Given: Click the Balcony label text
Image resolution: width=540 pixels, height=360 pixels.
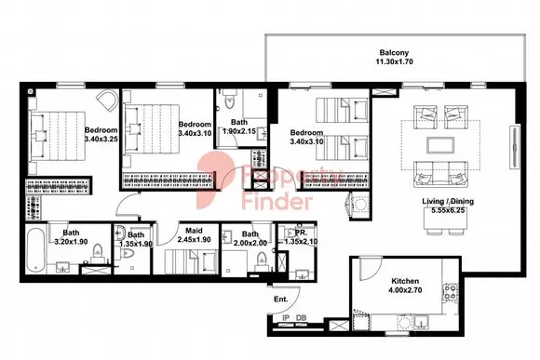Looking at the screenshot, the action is coord(394,53).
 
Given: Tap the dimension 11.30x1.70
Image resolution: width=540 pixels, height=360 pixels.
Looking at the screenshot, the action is coord(394,62).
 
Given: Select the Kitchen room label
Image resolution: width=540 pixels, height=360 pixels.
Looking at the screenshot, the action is coord(405,281).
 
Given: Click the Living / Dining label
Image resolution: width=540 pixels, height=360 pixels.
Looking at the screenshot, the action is coord(448,201).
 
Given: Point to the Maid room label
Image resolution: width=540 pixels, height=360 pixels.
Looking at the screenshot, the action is coord(194,231).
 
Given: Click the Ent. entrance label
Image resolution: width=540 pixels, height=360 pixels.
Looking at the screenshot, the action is coord(280,300).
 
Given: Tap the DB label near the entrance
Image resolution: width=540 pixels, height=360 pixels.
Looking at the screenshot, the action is coord(301,318).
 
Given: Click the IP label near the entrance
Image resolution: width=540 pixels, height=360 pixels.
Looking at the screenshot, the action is coord(286,318).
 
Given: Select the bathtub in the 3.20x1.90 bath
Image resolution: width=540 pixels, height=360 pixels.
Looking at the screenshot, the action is coord(35,249).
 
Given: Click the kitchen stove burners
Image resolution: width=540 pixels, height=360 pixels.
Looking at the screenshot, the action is coord(450,292).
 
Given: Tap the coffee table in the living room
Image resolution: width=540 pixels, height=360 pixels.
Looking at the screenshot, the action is coord(440,145).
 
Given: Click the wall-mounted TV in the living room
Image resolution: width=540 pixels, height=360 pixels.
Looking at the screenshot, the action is coord(515,147).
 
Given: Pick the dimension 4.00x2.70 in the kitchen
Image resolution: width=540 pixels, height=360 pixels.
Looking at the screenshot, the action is coord(405,290).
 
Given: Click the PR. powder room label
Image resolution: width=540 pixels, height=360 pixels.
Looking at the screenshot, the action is coord(302,233).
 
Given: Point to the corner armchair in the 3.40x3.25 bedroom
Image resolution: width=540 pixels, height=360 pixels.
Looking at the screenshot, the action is coord(107,100).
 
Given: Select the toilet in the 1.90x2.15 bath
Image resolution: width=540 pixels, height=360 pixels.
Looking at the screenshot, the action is coord(228,100).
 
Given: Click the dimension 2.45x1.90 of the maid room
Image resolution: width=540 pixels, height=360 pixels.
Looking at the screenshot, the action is coord(194,240).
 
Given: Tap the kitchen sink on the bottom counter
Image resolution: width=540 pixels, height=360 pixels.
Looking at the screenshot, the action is coord(421,323).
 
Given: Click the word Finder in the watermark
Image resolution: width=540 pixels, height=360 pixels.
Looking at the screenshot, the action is coord(277,201).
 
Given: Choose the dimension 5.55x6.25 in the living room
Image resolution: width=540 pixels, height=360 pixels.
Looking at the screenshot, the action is coord(448,210).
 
